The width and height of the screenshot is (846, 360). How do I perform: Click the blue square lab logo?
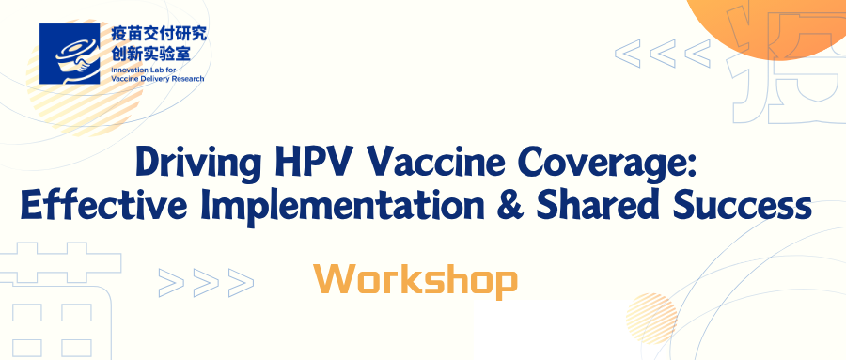pyautogui.click(x=70, y=54)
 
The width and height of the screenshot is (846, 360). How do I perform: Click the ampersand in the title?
pyautogui.click(x=510, y=206)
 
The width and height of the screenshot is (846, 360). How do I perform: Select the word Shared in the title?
pyautogui.click(x=600, y=205)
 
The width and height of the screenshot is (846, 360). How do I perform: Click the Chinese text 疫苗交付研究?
pyautogui.click(x=159, y=35)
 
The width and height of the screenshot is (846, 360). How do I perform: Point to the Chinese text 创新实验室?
pyautogui.click(x=150, y=53)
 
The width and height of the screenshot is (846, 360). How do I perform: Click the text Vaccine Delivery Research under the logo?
pyautogui.click(x=157, y=79)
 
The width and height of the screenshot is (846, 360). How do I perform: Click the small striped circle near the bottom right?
pyautogui.click(x=651, y=319)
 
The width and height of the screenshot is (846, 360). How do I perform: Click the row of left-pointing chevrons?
pyautogui.click(x=663, y=54)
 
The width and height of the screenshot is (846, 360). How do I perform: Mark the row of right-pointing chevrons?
pyautogui.click(x=206, y=282)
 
